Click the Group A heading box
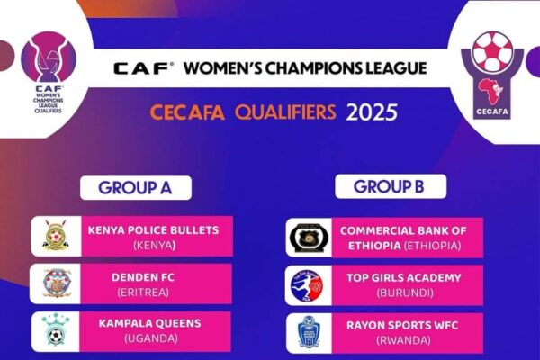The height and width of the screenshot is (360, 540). (136, 188)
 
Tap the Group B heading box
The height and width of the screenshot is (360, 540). (391, 186)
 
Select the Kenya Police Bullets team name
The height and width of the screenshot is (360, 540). (154, 230)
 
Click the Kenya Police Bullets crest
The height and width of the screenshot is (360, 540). (56, 235)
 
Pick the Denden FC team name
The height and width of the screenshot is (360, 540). (143, 277)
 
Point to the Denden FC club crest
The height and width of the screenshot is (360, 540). (57, 283)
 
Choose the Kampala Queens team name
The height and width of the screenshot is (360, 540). (149, 323)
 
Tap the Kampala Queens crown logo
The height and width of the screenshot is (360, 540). (56, 329)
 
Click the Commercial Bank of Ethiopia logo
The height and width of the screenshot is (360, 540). (309, 238)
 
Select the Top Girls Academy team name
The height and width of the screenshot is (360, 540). (403, 278)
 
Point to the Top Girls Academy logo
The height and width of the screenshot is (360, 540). (307, 285)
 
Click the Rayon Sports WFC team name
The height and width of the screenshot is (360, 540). (402, 325)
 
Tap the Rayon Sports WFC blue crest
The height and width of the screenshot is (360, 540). (309, 332)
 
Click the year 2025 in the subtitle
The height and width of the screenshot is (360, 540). (372, 112)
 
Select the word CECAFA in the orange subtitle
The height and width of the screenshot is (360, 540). (187, 112)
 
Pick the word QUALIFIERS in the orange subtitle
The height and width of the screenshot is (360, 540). (285, 112)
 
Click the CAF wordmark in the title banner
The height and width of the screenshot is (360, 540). (143, 68)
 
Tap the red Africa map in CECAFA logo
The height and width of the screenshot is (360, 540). (490, 91)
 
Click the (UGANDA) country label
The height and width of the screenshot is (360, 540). (151, 338)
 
